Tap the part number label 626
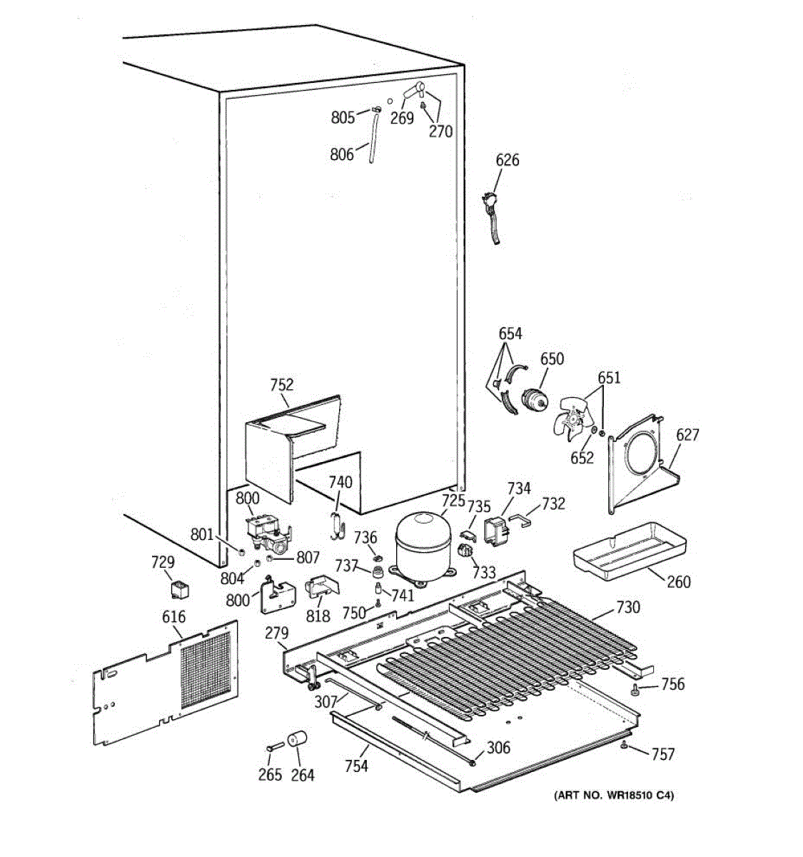pyautogui.click(x=507, y=160)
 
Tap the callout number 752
pyautogui.click(x=282, y=385)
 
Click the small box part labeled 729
pyautogui.click(x=178, y=590)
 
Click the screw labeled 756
pyautogui.click(x=635, y=688)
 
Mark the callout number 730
pyautogui.click(x=627, y=608)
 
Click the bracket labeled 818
pyautogui.click(x=321, y=587)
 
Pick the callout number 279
pyautogui.click(x=277, y=633)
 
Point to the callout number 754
pyautogui.click(x=356, y=766)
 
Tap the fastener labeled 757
pyautogui.click(x=625, y=746)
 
